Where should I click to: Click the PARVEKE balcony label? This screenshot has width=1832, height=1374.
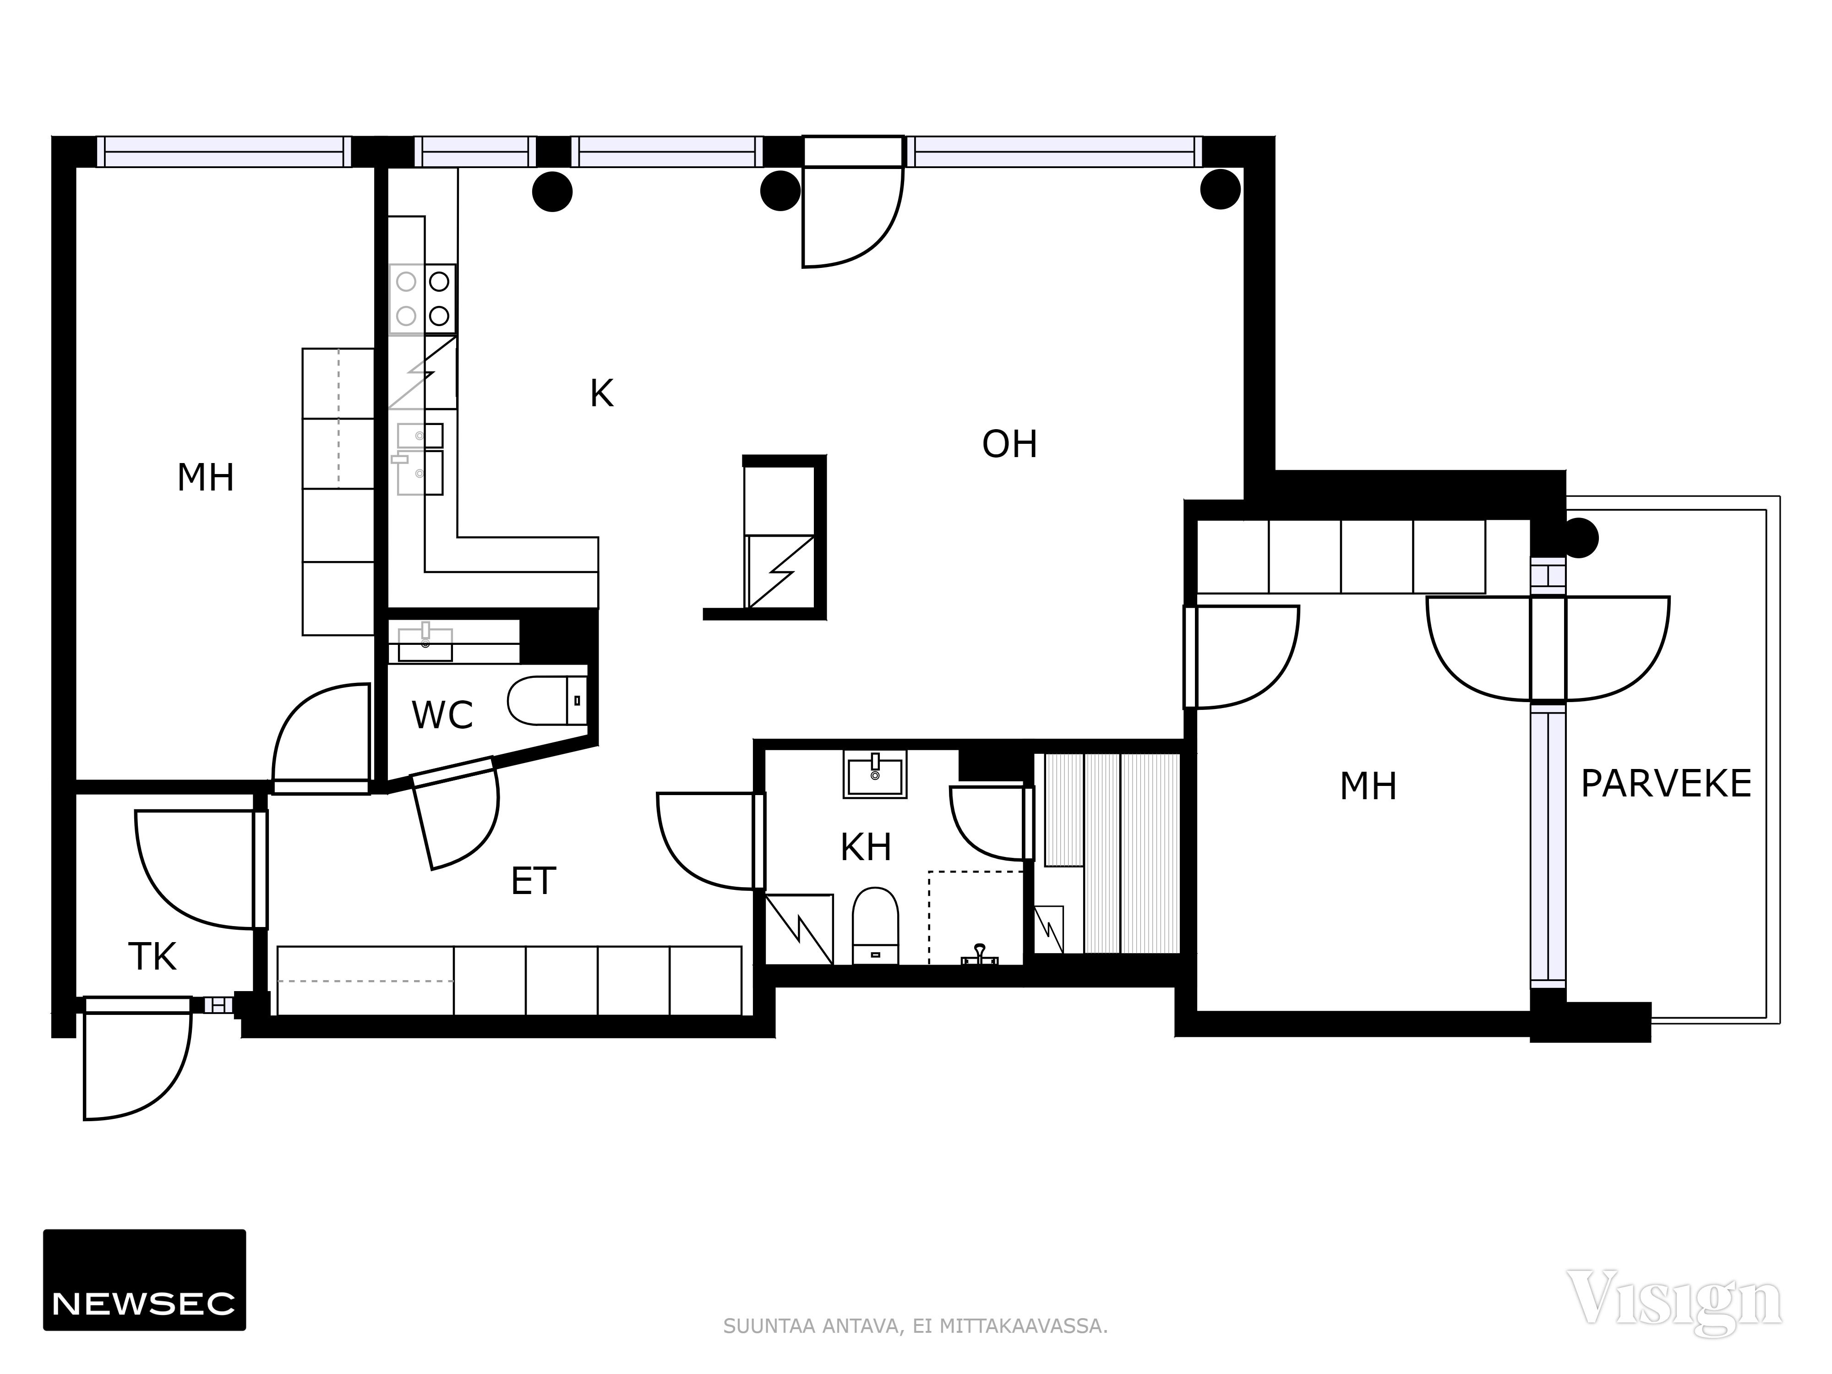coord(1666,784)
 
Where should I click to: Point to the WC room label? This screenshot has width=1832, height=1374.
coord(442,715)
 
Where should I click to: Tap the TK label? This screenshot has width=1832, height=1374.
coord(153,957)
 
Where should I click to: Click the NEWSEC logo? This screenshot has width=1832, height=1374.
coord(144,1280)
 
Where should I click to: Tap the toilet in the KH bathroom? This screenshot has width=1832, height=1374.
coord(875,926)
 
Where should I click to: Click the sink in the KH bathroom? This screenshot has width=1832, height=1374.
coord(875,774)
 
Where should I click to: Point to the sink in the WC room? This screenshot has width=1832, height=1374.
coord(425,642)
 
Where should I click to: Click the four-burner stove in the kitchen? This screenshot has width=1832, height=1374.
coord(422,299)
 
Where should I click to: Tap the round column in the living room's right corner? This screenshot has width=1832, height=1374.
coord(1220,190)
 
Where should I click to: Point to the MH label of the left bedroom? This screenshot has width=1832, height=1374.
coord(205,477)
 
